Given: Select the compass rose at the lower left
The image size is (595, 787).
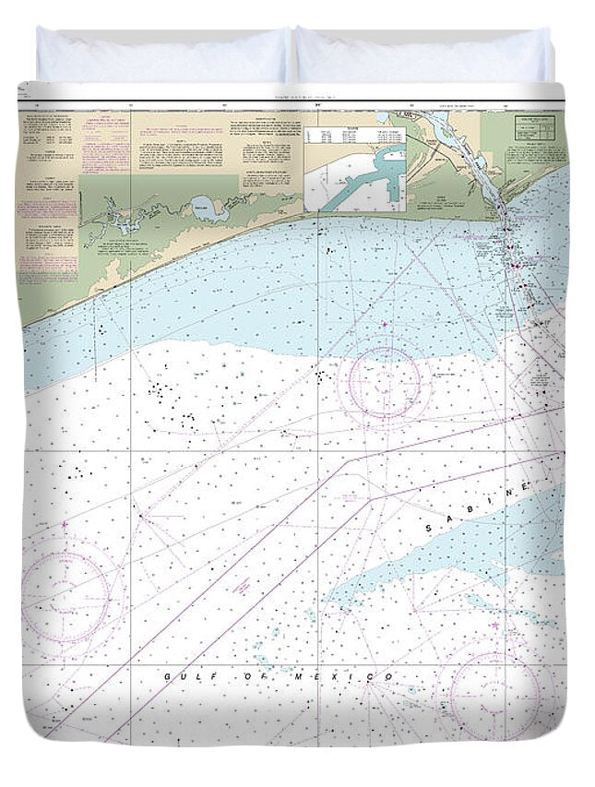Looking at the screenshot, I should point(66,590).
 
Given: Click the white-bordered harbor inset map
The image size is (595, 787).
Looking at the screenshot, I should point(355,179).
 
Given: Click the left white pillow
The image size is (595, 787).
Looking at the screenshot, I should point(162,55).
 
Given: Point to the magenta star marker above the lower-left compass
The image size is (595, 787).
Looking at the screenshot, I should point(65,526).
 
